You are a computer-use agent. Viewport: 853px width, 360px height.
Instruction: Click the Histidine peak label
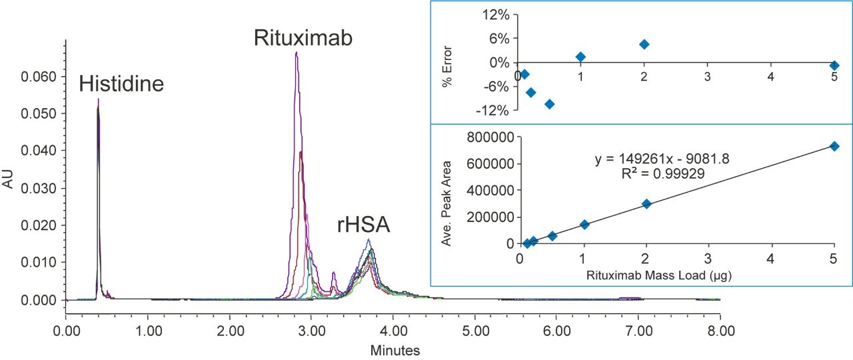pos(121,84)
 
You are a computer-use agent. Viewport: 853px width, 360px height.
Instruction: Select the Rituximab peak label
pos(303,37)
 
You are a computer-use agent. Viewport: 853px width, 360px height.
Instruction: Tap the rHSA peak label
pos(363,225)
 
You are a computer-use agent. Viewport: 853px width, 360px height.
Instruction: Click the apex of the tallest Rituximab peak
pos(296,53)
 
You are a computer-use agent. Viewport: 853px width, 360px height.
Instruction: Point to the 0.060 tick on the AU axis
pos(41,77)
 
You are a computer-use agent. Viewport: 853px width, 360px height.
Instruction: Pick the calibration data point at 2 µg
pos(646,204)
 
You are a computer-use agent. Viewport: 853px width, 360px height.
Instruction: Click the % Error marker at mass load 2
pos(644,44)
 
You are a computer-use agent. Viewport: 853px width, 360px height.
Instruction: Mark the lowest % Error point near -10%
pos(550,104)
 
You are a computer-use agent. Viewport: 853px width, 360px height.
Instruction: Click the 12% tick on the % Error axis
pos(496,15)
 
